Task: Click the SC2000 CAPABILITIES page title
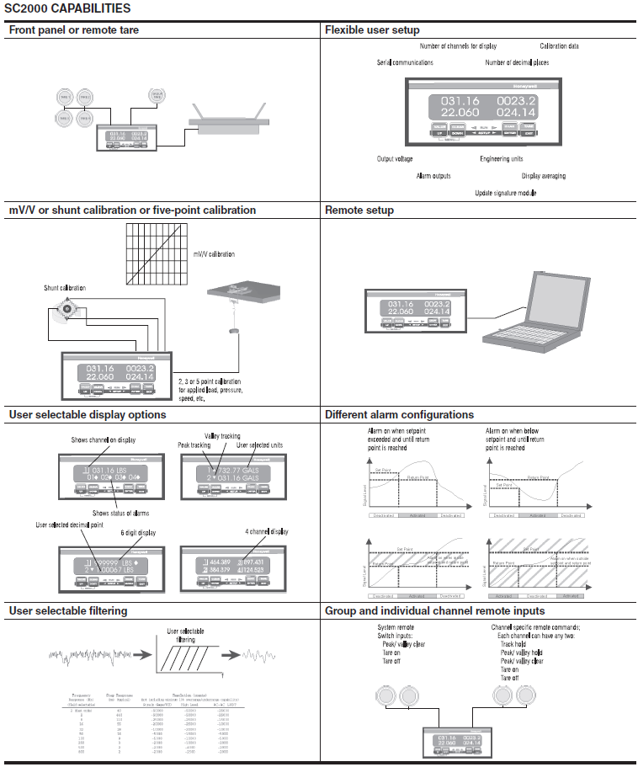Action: click(67, 8)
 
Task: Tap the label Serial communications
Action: click(405, 62)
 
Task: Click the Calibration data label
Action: click(559, 46)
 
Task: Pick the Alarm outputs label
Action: click(433, 176)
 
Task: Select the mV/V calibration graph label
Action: click(214, 253)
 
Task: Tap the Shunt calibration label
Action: click(65, 288)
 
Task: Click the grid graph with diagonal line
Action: click(155, 253)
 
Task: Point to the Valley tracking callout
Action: click(222, 436)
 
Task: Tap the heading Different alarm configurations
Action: click(399, 414)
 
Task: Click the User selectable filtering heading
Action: click(68, 610)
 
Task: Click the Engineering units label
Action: click(502, 158)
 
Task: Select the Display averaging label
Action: click(543, 176)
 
